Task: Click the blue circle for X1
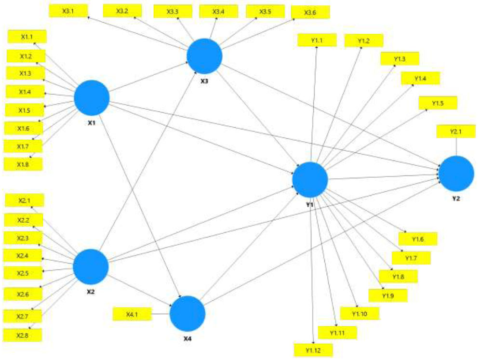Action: point(92,98)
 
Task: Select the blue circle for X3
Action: point(204,56)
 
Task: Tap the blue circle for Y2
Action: point(456,173)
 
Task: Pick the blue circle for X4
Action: point(187,314)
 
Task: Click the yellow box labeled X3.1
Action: point(68,11)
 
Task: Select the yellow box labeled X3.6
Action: point(310,13)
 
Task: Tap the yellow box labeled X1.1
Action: point(27,37)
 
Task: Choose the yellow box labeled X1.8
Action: point(23,165)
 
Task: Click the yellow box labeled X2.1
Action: point(25,200)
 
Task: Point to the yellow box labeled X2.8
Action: point(22,335)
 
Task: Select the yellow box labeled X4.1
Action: point(132,314)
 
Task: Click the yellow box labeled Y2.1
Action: point(456,132)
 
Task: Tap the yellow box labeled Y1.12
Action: point(313,350)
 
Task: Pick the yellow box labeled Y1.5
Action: point(438,103)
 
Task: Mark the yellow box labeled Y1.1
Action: point(317,40)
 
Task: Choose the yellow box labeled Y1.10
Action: point(360,314)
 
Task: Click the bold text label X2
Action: point(91,292)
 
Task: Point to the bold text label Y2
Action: point(456,199)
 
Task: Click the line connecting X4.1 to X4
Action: point(161,314)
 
